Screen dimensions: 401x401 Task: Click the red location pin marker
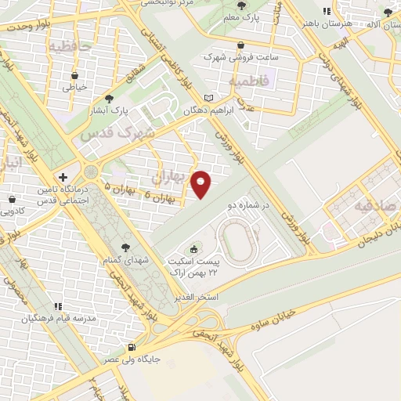(x=201, y=183)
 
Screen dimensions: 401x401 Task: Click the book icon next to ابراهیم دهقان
(x=208, y=98)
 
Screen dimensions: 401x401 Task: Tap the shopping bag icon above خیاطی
(x=74, y=76)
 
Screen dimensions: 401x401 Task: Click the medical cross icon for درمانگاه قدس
(x=62, y=177)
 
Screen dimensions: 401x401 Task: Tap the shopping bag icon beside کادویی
(x=13, y=201)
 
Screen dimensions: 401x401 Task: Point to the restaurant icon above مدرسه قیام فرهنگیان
(x=56, y=306)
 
